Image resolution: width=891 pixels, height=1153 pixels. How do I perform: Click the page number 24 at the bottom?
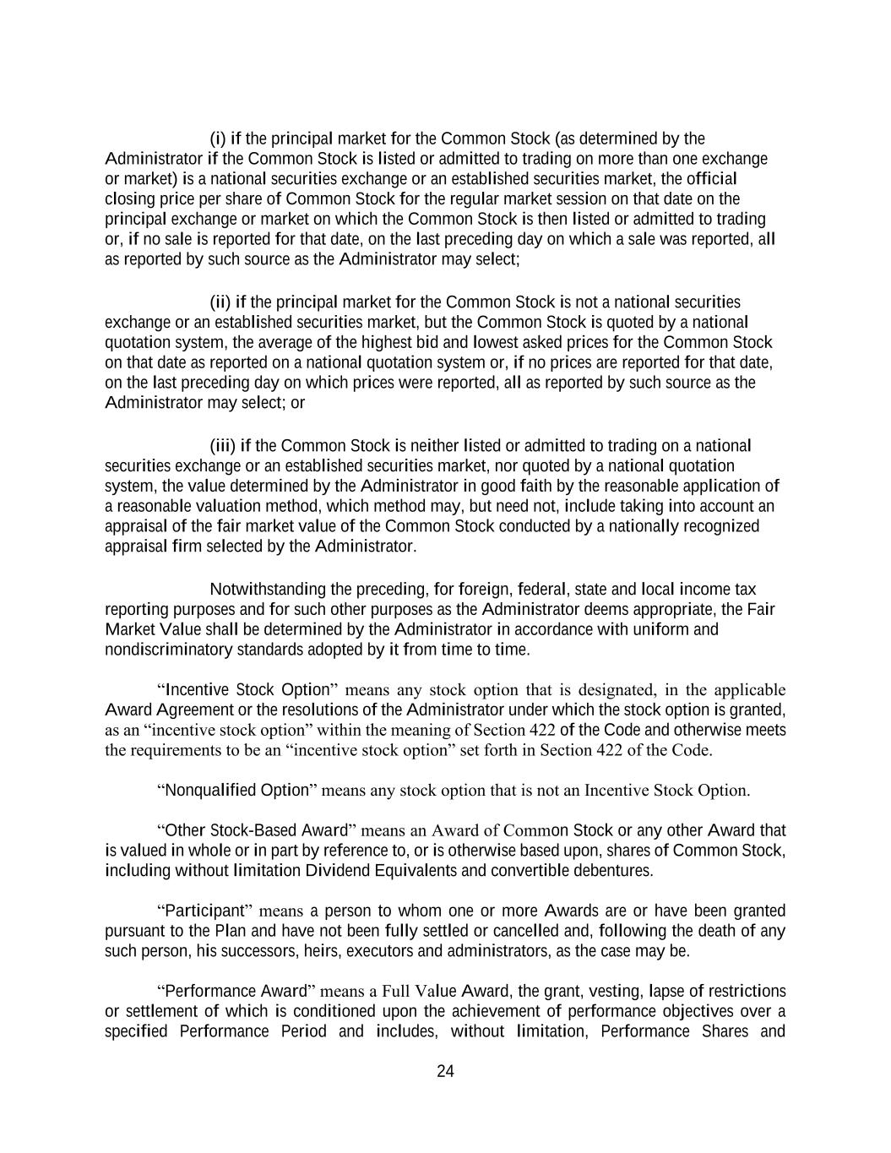point(446,1071)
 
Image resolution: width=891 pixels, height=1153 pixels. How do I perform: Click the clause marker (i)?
point(218,139)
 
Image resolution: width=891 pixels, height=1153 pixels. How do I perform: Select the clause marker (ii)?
point(220,302)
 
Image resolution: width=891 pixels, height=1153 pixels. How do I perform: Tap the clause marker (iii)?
point(222,446)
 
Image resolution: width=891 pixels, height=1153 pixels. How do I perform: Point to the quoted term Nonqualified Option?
point(236,791)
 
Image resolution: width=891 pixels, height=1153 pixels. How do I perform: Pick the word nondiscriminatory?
point(156,650)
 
